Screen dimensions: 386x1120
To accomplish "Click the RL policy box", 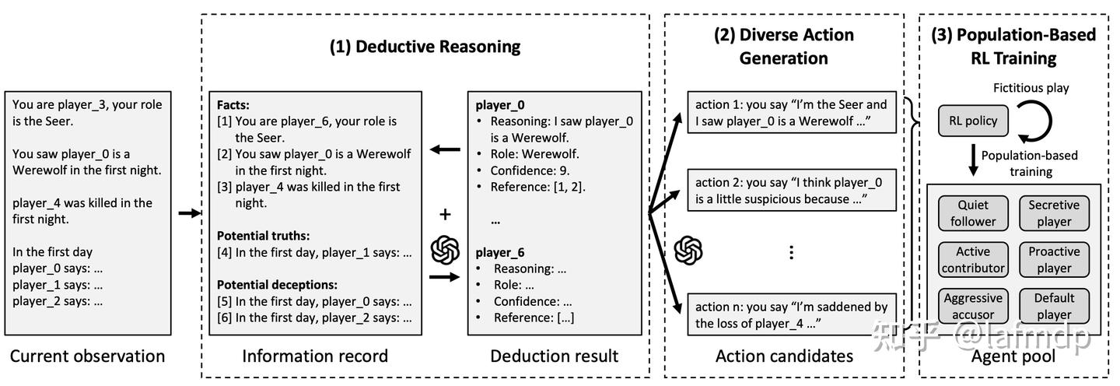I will pos(972,121).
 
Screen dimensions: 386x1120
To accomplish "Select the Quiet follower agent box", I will pos(972,213).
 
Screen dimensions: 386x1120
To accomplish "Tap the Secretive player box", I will pos(1054,213).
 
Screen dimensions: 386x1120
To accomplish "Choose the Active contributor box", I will pos(972,260).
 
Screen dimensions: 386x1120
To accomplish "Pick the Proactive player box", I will pos(1054,260).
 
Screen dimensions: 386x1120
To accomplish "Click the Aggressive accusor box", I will pos(972,306).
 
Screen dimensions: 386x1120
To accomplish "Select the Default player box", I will pos(1054,306).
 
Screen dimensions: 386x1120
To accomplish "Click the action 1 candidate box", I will pos(791,113).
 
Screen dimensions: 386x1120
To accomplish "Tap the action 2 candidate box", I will pos(791,191).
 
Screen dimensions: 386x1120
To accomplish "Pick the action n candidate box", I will pos(791,314).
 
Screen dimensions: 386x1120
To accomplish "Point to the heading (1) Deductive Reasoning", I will pos(425,46).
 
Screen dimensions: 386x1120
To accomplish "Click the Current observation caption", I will pos(87,356).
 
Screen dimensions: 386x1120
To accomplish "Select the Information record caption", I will pos(314,356).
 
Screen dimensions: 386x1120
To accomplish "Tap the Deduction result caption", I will pos(554,356).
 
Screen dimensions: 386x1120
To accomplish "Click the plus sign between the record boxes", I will pos(445,214).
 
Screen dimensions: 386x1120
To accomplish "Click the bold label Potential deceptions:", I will pos(277,284).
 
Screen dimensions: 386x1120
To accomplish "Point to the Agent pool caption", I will pos(1013,356).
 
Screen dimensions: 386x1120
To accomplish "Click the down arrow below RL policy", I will pos(972,162).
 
